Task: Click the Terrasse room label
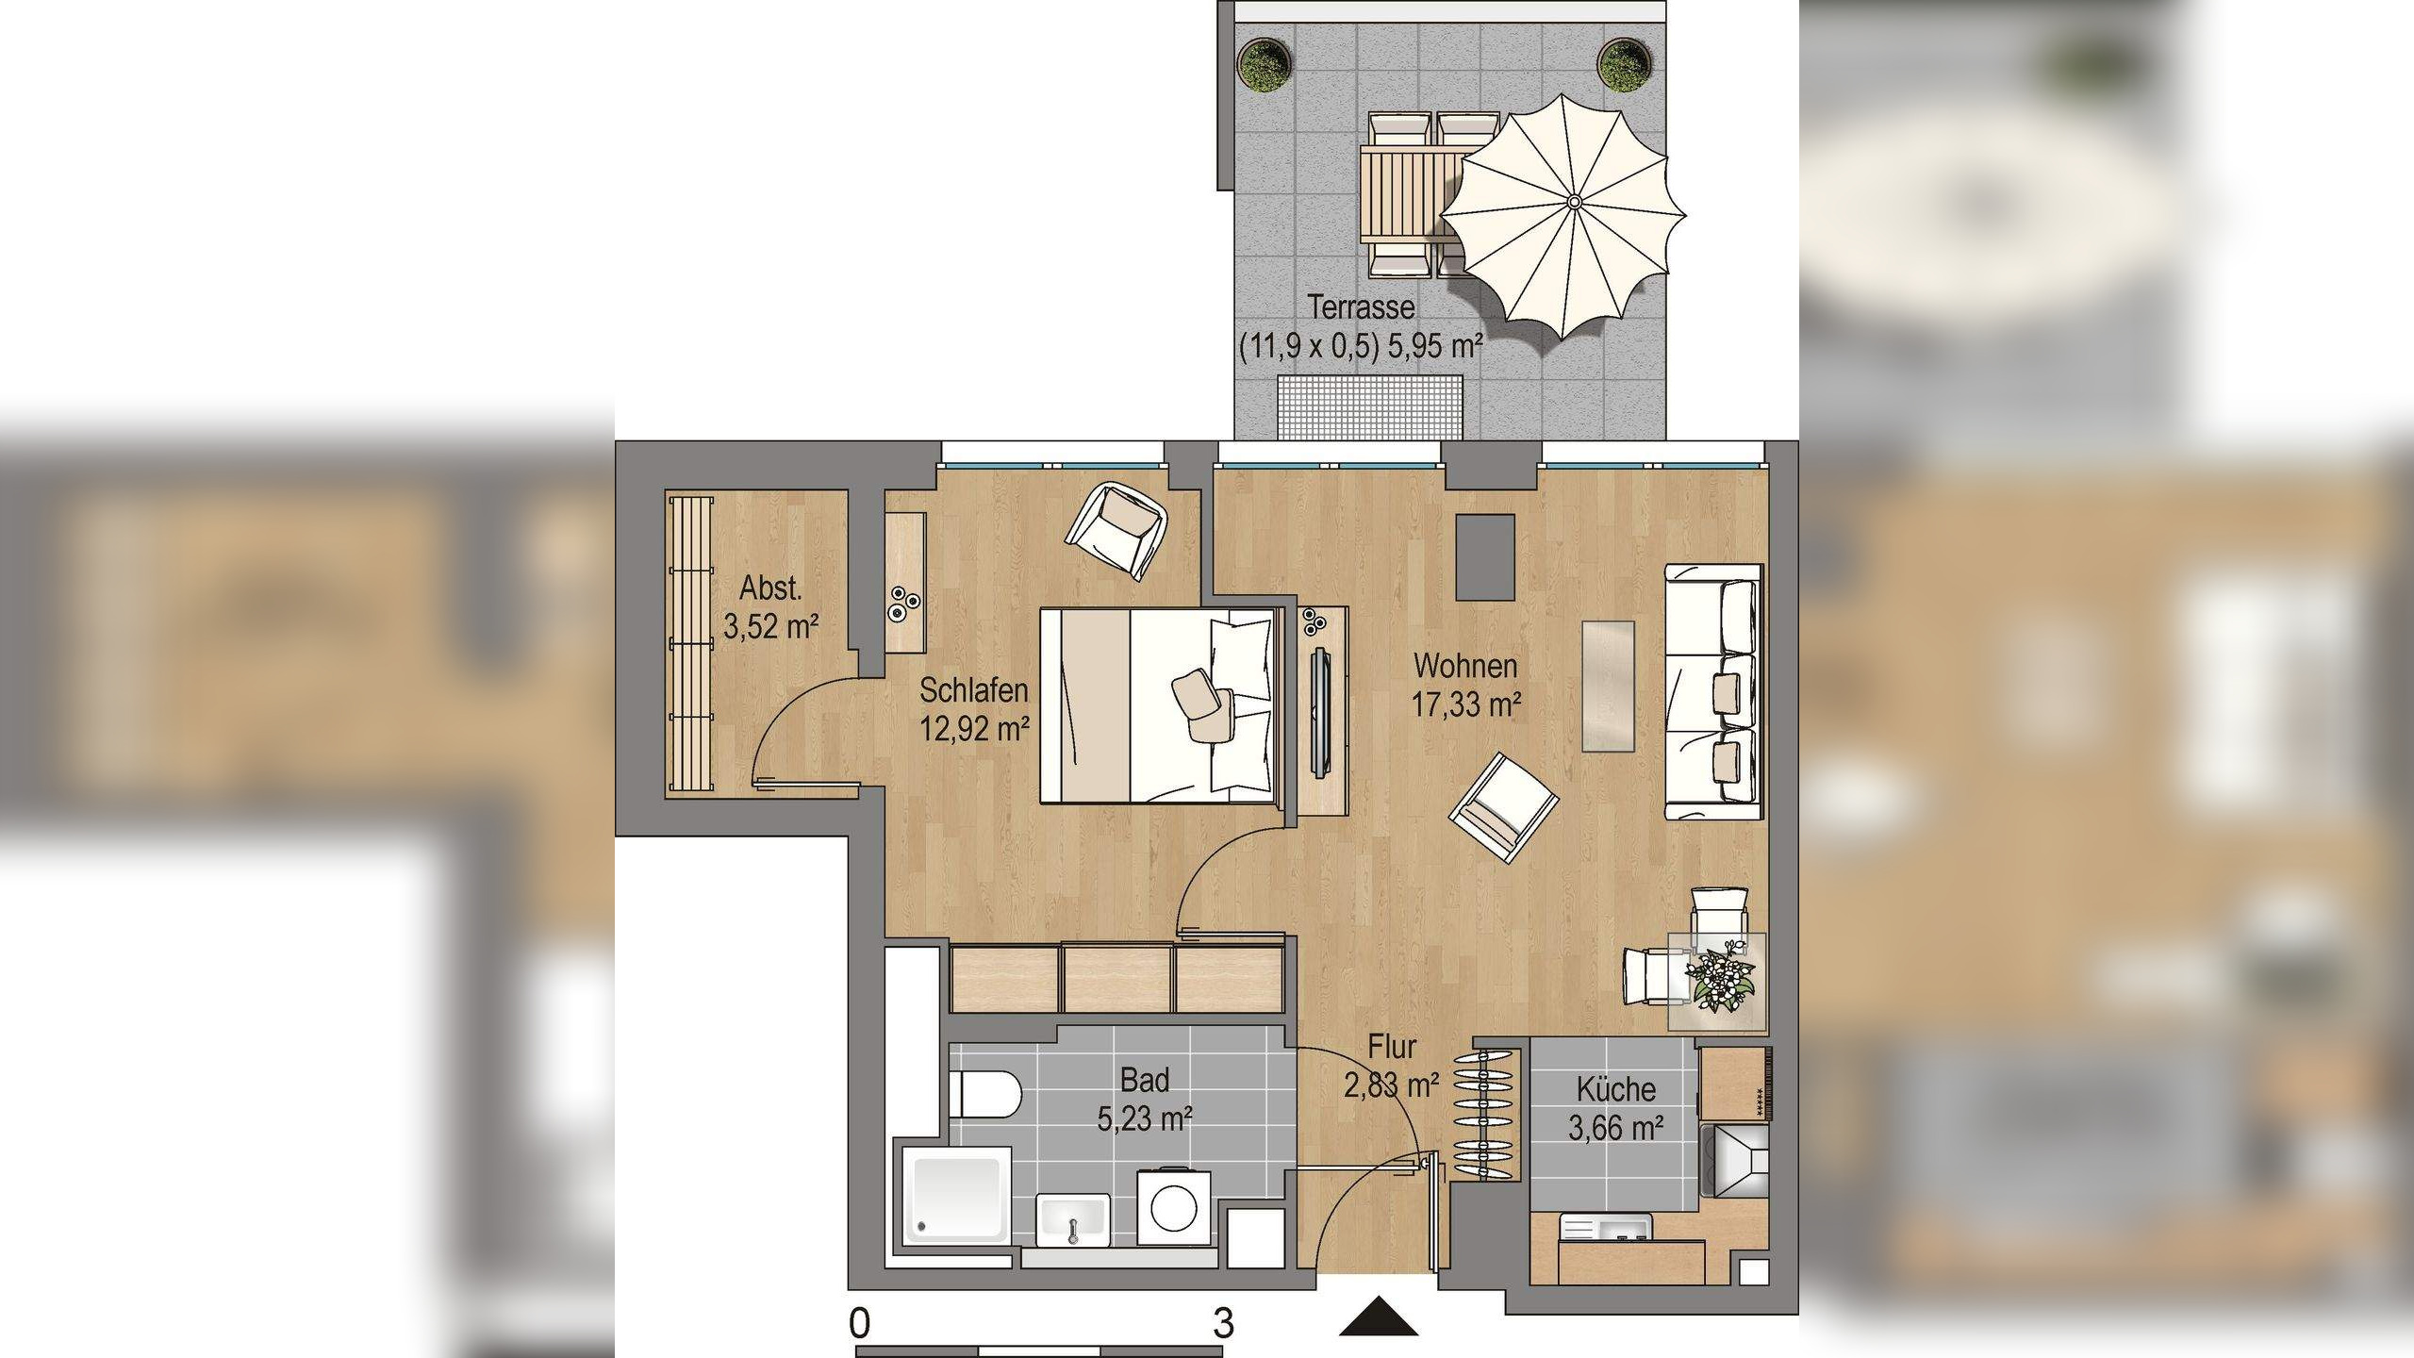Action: [1361, 307]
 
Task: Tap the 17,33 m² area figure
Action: [1466, 704]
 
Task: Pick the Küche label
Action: [1615, 1089]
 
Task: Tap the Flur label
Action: [1392, 1048]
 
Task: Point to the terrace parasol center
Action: [1574, 202]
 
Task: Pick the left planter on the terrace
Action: [1264, 64]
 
